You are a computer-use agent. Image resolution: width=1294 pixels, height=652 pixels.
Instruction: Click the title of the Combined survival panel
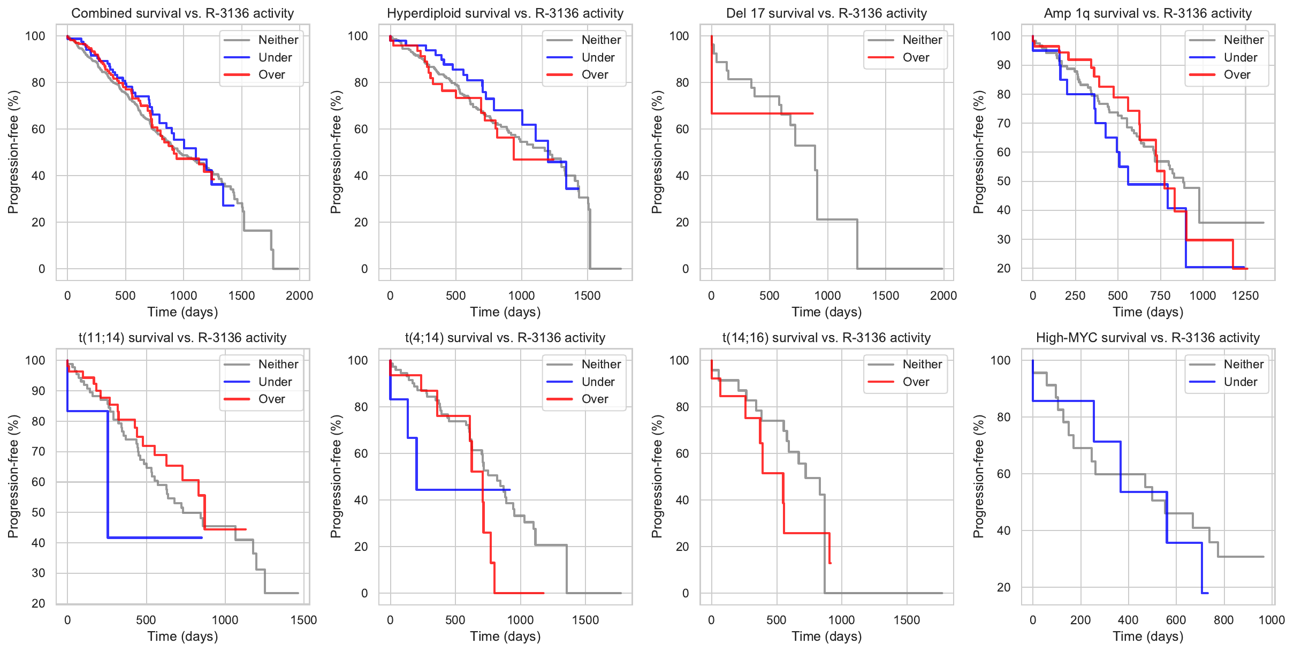(182, 13)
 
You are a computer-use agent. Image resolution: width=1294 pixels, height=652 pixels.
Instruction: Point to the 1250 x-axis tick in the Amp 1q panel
(1245, 295)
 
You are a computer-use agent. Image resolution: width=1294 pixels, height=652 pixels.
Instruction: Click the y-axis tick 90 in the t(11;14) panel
(39, 391)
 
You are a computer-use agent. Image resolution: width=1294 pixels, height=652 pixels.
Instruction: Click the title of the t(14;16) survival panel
(826, 338)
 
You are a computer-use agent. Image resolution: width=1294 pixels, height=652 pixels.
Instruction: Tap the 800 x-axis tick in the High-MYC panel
(1223, 620)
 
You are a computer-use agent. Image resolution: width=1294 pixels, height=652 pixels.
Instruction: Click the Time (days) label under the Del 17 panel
(826, 312)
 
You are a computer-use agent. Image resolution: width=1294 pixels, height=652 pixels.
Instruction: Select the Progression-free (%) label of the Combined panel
(13, 152)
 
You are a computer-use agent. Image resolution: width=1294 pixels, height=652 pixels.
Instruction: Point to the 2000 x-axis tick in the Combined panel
(299, 295)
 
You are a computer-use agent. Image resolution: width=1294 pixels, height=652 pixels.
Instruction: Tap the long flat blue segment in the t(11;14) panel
(155, 537)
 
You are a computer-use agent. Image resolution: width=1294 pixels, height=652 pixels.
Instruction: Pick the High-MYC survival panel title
(1147, 338)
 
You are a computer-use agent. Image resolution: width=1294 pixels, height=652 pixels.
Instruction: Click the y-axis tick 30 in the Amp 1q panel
(1003, 239)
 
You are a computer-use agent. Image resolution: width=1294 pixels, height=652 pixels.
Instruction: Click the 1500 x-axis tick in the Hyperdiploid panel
(587, 295)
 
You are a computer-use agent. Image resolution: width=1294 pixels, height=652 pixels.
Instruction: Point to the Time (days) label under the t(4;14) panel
(505, 636)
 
